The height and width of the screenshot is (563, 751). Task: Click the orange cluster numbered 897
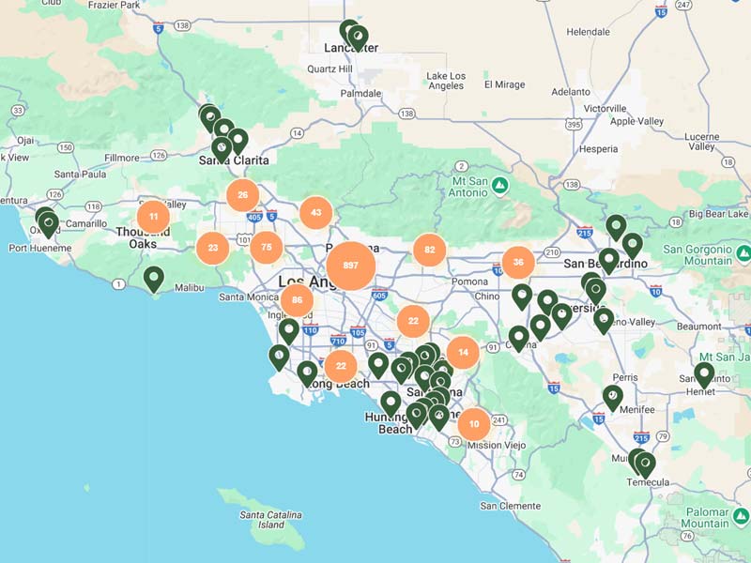tap(351, 266)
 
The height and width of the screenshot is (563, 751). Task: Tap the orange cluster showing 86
tap(297, 300)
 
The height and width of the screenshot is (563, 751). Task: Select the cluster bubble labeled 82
tap(429, 250)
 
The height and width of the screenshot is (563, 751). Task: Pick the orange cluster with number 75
tap(267, 248)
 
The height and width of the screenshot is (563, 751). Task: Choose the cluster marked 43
tap(316, 213)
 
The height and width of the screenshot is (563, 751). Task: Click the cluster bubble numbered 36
tap(518, 262)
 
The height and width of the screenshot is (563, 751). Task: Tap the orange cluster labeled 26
tap(243, 195)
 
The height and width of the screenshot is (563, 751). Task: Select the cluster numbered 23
tap(213, 249)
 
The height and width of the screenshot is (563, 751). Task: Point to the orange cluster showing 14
tap(463, 352)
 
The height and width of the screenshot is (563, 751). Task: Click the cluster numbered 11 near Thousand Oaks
tap(153, 217)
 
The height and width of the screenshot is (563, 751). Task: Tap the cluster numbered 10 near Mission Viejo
tap(474, 423)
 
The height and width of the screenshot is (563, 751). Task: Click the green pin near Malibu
tap(153, 278)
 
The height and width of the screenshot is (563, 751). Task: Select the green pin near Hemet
tap(704, 374)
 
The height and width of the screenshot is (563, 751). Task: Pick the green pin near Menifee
tap(612, 397)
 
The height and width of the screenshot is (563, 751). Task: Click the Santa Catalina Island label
tap(271, 520)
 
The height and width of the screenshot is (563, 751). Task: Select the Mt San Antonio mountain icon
tap(500, 186)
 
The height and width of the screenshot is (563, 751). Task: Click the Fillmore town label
tap(122, 158)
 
